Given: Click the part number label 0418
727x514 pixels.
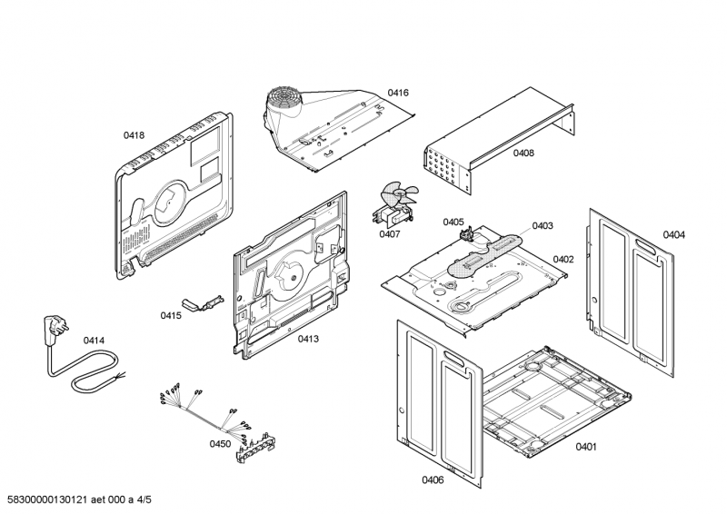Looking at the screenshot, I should point(134,135).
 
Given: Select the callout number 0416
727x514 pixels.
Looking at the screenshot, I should point(398,93).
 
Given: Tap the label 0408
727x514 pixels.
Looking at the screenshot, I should point(523,153).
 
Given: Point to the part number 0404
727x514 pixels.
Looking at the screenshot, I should point(673,234).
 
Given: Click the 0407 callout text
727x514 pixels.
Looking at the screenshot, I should point(390,234).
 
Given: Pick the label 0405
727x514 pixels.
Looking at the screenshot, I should point(453,222).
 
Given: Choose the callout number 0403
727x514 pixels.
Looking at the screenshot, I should point(543,225).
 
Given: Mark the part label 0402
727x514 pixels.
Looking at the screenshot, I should point(563,259).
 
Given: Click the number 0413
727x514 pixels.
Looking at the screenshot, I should point(308,339).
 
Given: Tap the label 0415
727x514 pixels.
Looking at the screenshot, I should point(171,315).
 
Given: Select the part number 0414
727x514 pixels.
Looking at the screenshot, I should point(95,341).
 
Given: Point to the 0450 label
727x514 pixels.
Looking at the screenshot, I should point(220,444).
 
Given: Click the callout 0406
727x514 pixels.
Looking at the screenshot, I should point(433,479).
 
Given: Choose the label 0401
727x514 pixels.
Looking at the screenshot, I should point(586,446).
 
